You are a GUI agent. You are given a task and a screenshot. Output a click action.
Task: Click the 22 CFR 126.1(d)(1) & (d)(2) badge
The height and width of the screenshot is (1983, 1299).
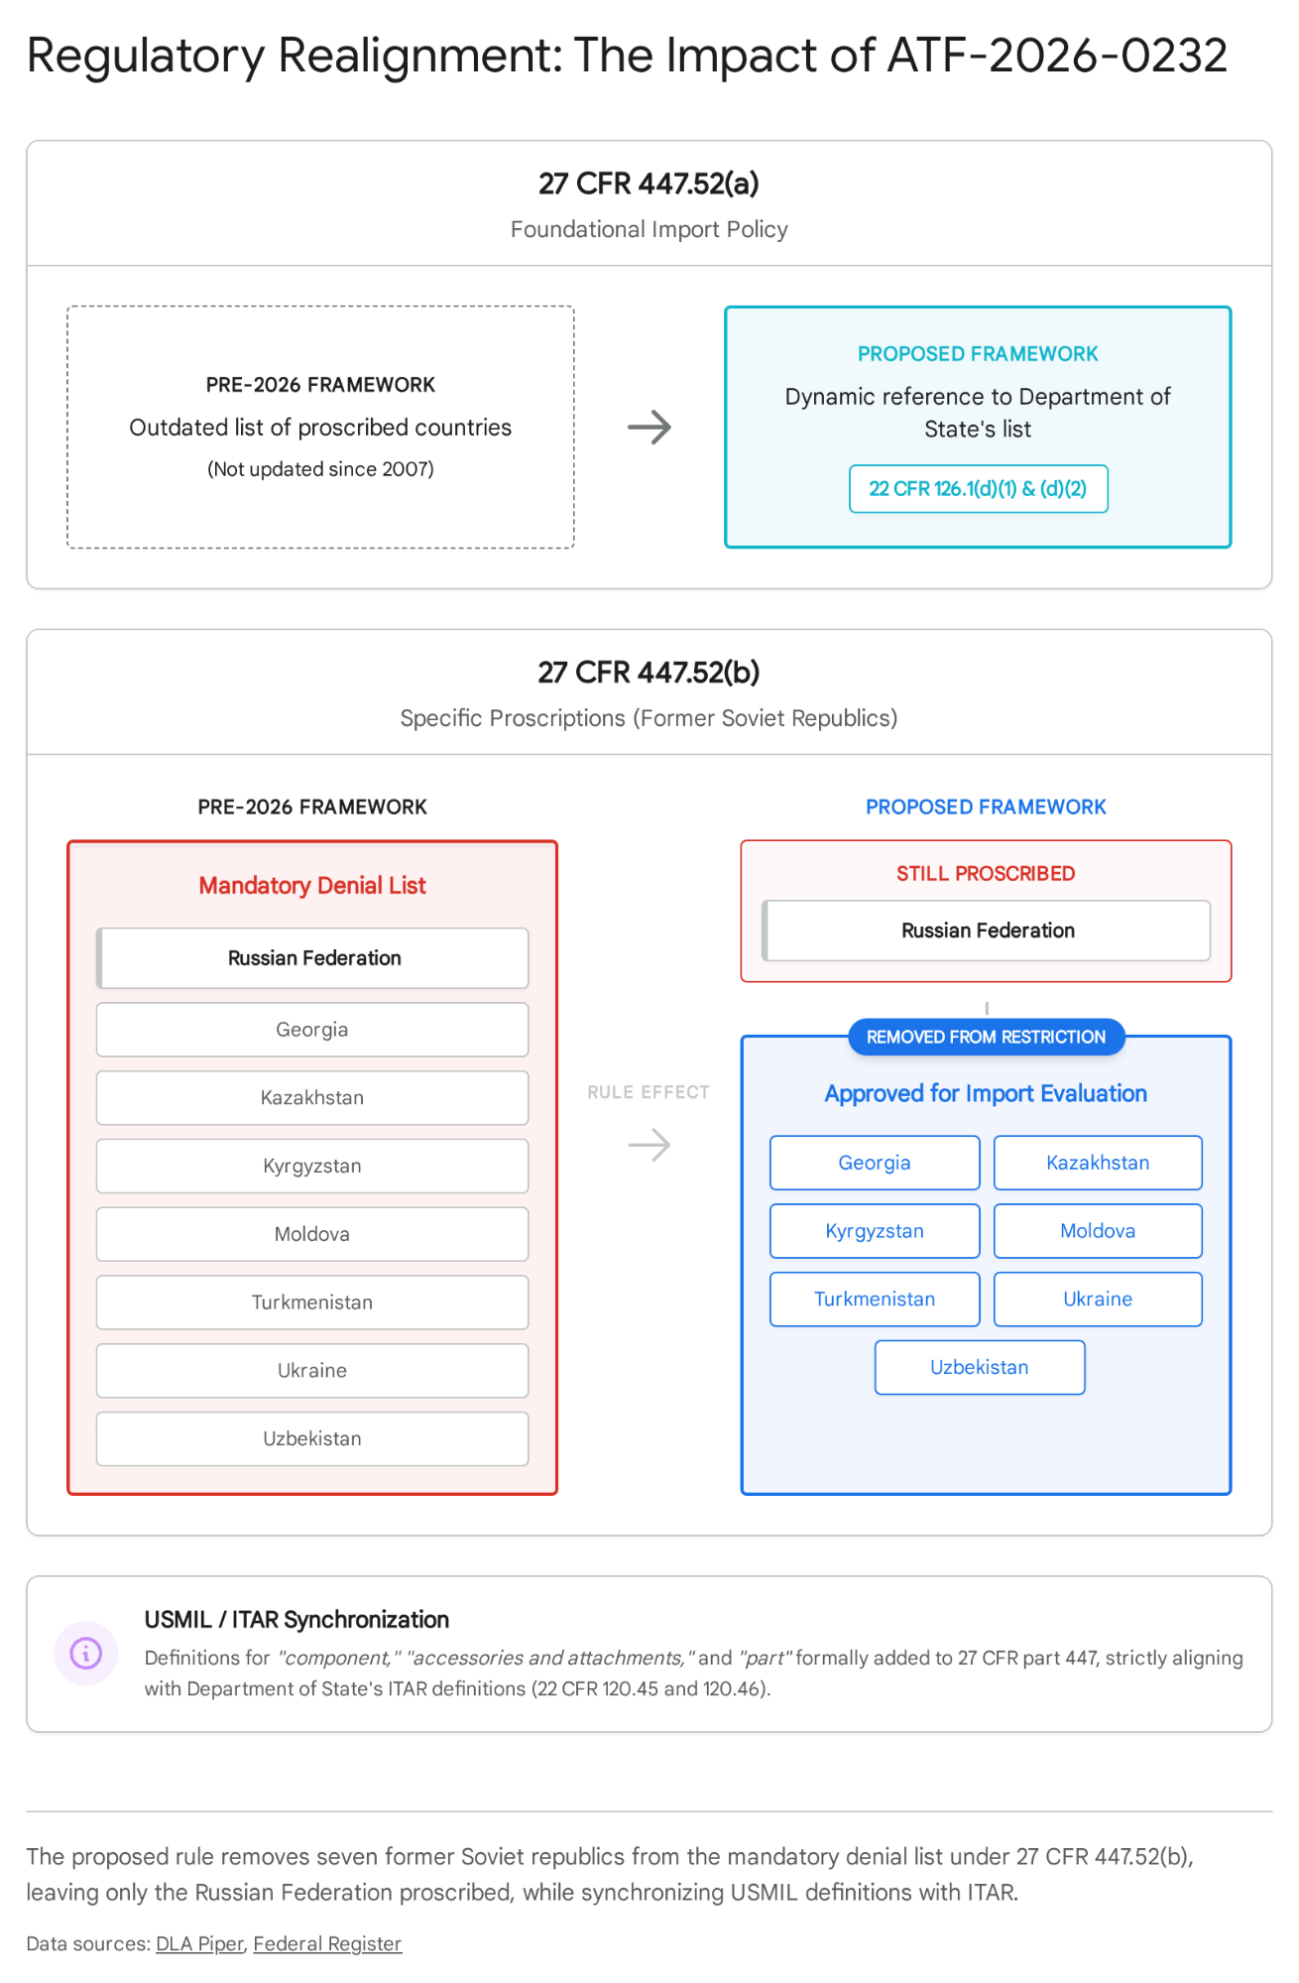978,489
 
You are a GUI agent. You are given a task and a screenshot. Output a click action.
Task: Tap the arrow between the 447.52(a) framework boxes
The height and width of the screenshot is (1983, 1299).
649,428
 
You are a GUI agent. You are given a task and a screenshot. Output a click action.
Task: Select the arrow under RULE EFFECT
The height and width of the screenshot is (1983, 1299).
649,1145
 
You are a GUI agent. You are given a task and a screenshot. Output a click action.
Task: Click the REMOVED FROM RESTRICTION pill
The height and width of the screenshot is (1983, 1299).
986,1037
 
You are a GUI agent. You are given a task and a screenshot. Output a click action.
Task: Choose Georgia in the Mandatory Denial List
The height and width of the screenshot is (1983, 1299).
312,1030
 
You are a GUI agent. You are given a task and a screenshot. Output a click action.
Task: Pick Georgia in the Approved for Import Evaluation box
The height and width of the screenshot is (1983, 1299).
875,1163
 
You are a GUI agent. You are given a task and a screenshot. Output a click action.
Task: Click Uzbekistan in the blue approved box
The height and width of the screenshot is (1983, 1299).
980,1367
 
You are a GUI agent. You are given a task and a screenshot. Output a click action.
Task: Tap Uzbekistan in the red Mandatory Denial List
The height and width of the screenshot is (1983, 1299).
312,1438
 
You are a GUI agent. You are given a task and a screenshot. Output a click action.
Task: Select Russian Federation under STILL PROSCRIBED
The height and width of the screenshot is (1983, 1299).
987,930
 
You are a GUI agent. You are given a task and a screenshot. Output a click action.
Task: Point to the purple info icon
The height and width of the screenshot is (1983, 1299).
86,1653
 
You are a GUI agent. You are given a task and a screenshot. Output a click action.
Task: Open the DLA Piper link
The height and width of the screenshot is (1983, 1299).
199,1943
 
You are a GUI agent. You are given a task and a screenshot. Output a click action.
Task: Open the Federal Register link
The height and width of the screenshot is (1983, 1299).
327,1943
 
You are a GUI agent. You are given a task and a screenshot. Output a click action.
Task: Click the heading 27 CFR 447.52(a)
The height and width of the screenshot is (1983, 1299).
649,184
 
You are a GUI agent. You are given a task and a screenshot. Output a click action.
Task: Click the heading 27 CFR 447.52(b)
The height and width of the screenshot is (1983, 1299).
649,673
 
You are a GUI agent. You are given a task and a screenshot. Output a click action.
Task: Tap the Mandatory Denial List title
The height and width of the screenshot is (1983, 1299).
312,885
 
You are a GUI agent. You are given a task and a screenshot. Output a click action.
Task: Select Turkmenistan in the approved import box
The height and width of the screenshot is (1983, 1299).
875,1300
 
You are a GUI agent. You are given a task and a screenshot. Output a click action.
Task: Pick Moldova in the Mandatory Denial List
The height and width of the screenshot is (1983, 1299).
312,1234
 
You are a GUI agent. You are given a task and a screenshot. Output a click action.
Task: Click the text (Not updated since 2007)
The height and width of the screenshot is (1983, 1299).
320,469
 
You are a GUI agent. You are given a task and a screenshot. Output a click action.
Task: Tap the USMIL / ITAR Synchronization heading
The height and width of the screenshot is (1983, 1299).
296,1619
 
